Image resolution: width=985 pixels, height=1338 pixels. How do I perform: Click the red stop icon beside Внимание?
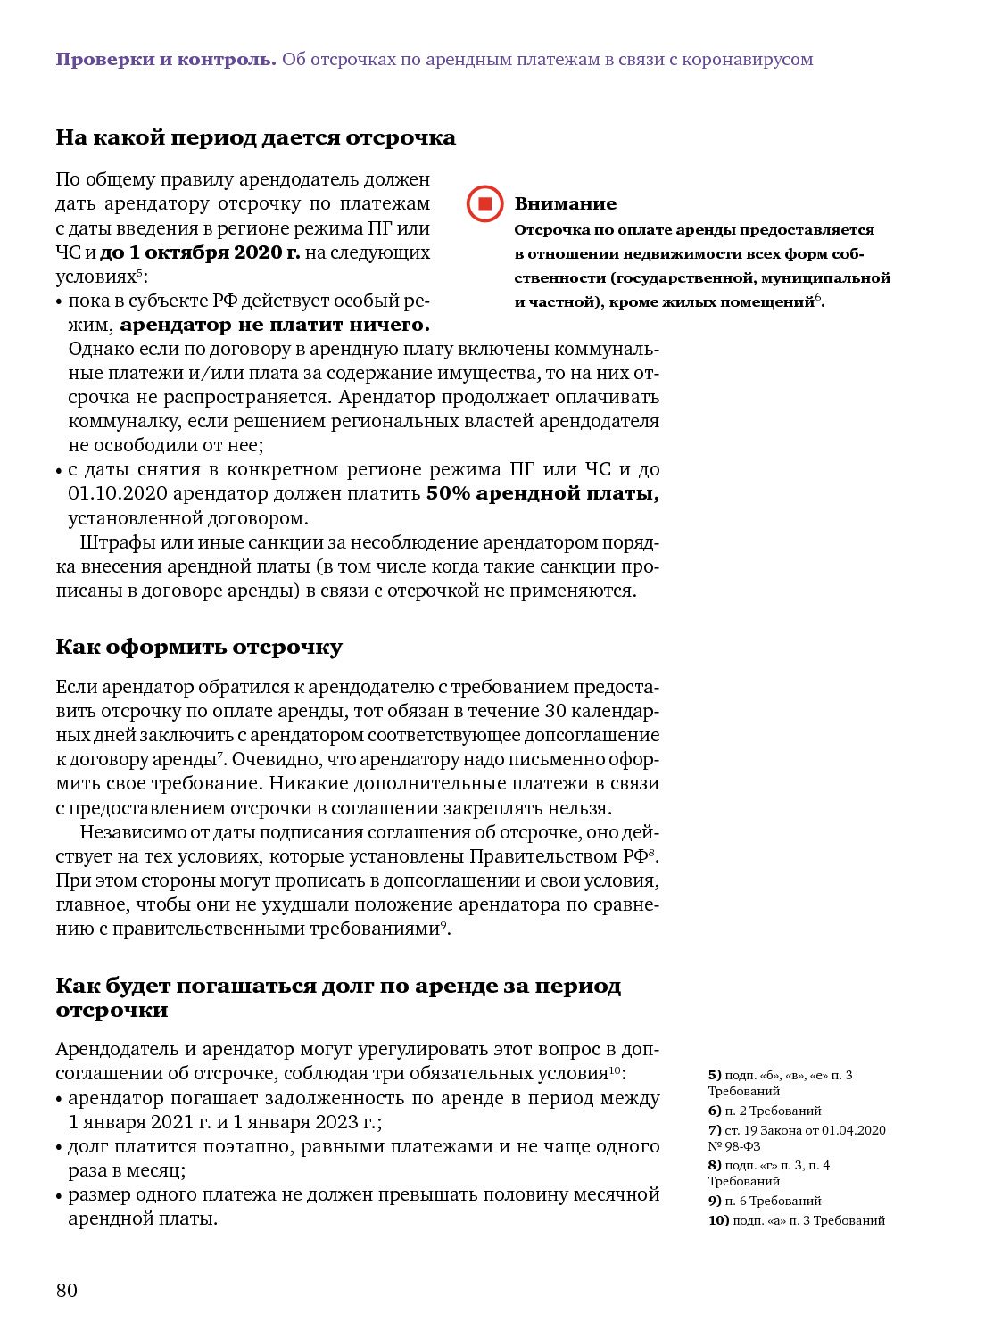pos(484,203)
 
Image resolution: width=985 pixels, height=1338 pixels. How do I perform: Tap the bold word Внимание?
pos(565,204)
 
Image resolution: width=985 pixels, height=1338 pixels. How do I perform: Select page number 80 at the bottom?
pos(67,1290)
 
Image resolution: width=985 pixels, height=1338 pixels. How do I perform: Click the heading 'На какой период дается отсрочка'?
pos(255,137)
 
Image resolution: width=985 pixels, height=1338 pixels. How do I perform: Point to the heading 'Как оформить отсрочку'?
pos(199,647)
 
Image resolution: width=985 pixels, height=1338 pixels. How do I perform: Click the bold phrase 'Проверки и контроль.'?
pos(166,60)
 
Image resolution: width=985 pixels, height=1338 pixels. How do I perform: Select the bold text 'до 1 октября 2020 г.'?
pos(200,252)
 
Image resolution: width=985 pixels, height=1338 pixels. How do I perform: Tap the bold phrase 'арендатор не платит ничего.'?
pos(275,325)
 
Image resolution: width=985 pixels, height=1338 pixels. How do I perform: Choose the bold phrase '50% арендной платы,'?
pos(542,493)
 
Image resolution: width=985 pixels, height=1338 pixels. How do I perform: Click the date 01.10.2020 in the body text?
pos(117,493)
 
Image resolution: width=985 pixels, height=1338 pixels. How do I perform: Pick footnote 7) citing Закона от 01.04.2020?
pos(797,1130)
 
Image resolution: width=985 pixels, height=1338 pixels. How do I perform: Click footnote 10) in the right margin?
pos(797,1220)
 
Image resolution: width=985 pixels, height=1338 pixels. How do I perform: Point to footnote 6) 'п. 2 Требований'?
pos(765,1111)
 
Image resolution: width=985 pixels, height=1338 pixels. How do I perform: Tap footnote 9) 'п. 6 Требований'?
pos(765,1201)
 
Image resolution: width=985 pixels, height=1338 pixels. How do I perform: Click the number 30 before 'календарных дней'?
pos(555,711)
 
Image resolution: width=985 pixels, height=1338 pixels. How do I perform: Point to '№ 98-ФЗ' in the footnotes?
pos(734,1146)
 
